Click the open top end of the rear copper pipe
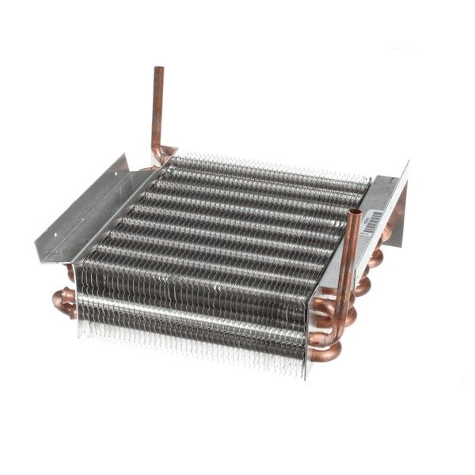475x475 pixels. tap(158, 70)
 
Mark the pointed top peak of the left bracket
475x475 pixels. tap(124, 157)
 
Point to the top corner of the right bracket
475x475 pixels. tap(408, 163)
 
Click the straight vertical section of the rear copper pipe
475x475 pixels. tap(158, 111)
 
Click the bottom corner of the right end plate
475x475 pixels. tap(306, 377)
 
